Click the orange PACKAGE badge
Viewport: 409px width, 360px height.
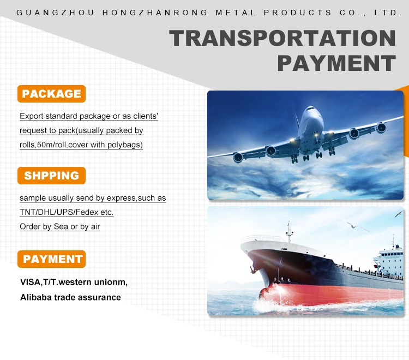coord(51,94)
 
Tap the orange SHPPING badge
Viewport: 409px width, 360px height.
coord(51,176)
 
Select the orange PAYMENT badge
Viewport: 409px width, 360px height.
coord(51,259)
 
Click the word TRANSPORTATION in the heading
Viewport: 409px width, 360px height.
coord(282,38)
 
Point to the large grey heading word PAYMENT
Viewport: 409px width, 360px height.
coord(336,63)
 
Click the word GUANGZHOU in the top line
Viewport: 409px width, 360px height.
coord(55,13)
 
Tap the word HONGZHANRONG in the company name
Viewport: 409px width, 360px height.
coord(155,13)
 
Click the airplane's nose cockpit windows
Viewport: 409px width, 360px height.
coord(311,109)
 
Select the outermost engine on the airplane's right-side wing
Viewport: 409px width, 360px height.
coord(381,128)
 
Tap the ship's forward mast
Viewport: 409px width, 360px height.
coord(289,232)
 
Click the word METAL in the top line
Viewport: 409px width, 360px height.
coord(236,13)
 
